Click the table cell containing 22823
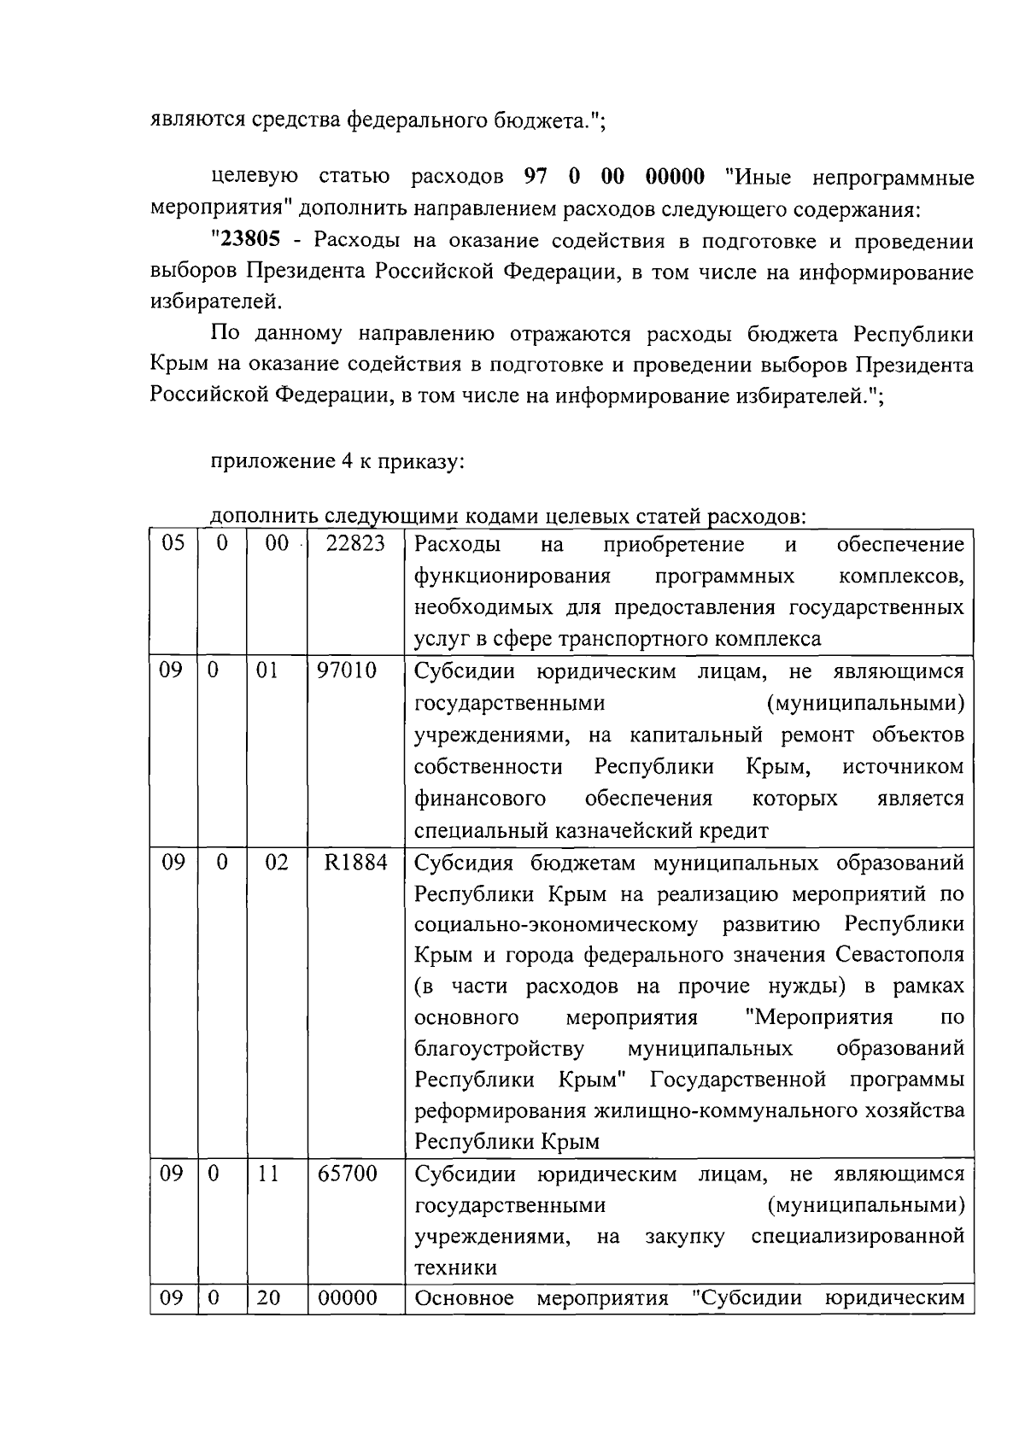[x=355, y=544]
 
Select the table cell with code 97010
[x=347, y=670]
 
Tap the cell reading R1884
[x=355, y=863]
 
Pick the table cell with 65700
[x=347, y=1174]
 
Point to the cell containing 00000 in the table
[x=347, y=1298]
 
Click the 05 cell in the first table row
[x=173, y=544]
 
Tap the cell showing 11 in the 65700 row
[x=268, y=1174]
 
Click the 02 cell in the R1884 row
[x=277, y=863]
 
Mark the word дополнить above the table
[x=251, y=517]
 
